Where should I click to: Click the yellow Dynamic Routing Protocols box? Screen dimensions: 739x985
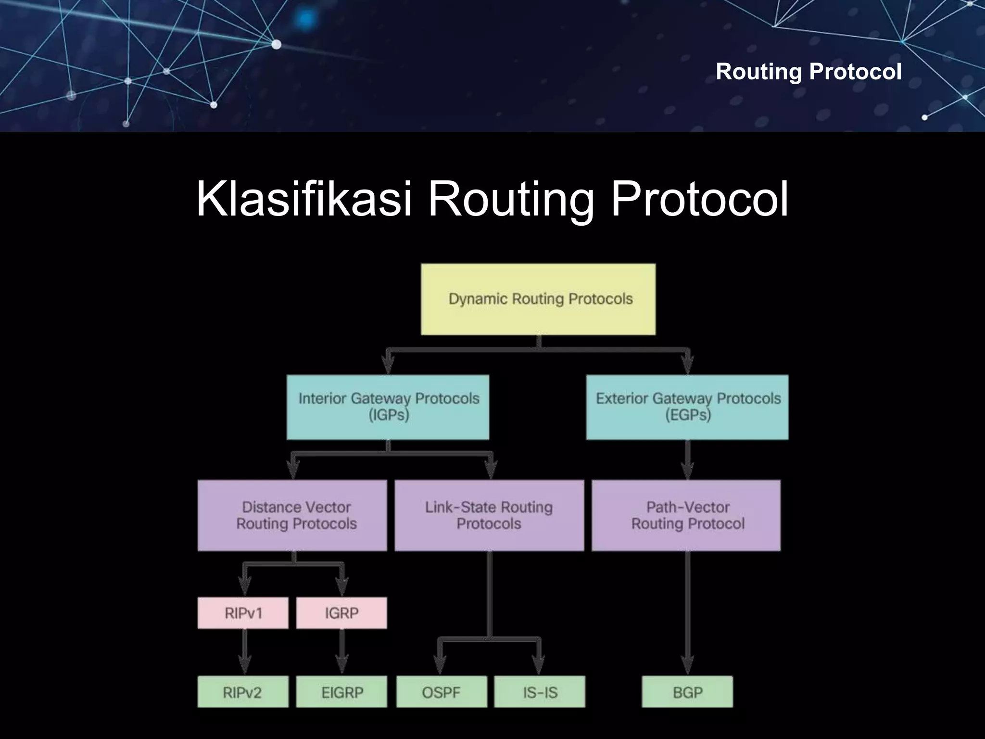[538, 299]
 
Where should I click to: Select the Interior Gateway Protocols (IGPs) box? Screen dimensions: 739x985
[388, 407]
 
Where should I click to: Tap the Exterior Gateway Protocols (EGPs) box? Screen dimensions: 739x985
[687, 407]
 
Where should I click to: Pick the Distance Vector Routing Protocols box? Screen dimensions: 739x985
[292, 515]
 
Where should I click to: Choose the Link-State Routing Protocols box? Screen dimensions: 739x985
[489, 515]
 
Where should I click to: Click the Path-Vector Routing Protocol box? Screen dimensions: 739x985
[686, 515]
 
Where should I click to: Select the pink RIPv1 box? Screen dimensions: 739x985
[243, 613]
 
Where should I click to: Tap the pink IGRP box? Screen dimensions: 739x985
[341, 613]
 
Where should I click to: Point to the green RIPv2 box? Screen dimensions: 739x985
[243, 692]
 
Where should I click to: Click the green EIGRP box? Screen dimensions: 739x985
[341, 692]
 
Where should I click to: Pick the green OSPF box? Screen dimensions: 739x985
[442, 692]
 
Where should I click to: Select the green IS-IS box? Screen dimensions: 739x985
[540, 692]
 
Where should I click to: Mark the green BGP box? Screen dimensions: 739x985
[687, 692]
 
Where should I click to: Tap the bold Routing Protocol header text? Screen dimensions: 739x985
[808, 72]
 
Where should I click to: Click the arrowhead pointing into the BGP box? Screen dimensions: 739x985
[688, 666]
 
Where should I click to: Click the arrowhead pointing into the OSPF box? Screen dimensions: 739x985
[440, 666]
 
